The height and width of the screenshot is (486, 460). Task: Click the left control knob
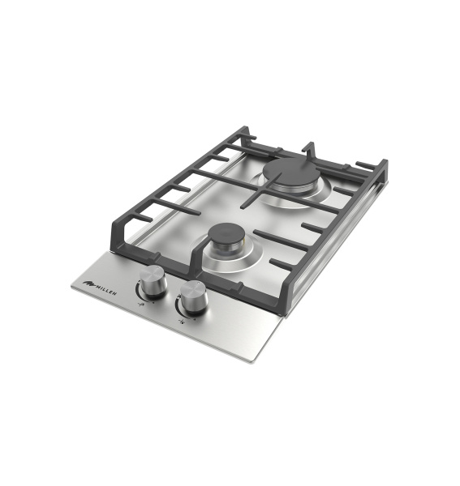[153, 282]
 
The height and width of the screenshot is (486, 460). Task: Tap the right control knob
[193, 297]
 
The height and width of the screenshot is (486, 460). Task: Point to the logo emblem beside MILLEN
[88, 283]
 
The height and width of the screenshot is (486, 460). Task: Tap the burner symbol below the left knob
[141, 305]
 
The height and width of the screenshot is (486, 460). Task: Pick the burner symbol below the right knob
[183, 321]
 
